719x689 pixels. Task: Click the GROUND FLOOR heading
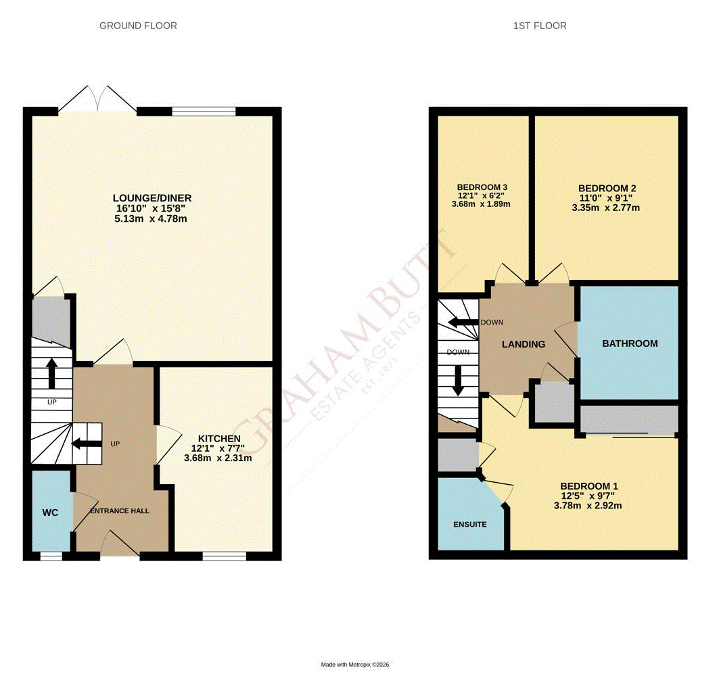point(138,26)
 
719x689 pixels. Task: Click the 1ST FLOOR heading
point(539,26)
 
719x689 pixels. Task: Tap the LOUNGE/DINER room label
point(152,198)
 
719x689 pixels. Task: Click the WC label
point(50,513)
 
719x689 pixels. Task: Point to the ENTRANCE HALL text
point(120,510)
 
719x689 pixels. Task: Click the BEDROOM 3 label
point(482,187)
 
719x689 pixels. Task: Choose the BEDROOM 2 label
point(607,189)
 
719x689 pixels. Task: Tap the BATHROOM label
point(630,343)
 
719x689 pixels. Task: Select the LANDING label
point(523,344)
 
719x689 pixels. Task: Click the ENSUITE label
point(469,524)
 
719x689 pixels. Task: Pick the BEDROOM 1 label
point(588,486)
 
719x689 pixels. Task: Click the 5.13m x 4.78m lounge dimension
point(152,219)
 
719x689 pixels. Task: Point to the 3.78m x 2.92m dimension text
point(588,505)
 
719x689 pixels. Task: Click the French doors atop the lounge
point(97,99)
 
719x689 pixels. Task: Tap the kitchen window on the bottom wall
point(224,556)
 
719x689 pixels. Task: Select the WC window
point(50,556)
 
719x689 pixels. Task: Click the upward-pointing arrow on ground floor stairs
point(51,373)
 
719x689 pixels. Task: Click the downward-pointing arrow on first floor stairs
point(458,381)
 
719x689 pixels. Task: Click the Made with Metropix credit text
point(354,665)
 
